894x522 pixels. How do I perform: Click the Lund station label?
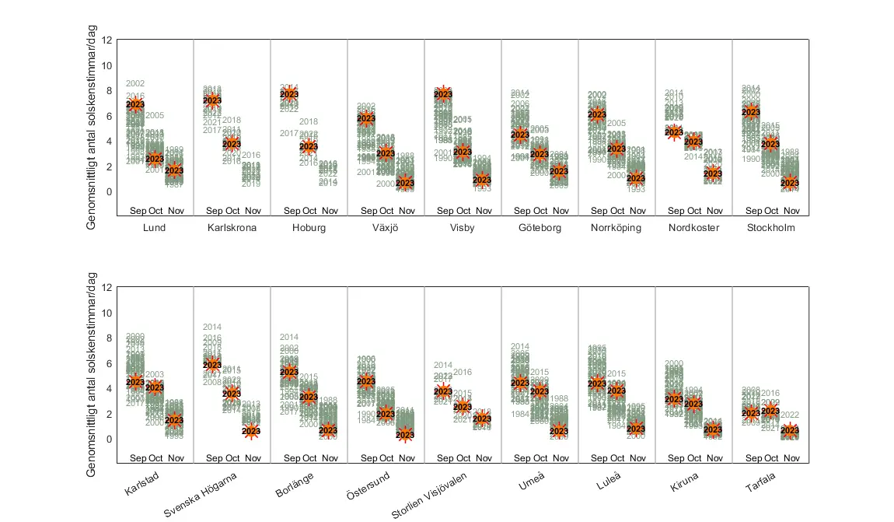[155, 228]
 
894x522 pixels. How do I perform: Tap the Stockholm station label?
[770, 228]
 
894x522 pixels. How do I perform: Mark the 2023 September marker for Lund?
[135, 104]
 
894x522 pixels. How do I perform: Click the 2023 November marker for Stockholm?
[790, 184]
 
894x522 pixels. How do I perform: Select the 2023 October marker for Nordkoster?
[693, 142]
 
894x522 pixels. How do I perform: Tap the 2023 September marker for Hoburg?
[289, 94]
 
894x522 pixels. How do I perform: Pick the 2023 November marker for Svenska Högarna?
[251, 431]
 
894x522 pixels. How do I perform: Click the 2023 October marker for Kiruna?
[693, 405]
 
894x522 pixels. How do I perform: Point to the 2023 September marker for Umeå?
[520, 383]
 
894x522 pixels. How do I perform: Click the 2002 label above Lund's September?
[135, 83]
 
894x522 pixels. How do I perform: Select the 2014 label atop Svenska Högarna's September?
[212, 327]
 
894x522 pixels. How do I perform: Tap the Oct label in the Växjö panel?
[386, 211]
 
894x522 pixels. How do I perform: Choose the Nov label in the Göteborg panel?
[560, 211]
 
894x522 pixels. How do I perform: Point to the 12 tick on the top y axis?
[107, 40]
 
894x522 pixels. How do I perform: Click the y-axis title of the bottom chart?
[92, 375]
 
